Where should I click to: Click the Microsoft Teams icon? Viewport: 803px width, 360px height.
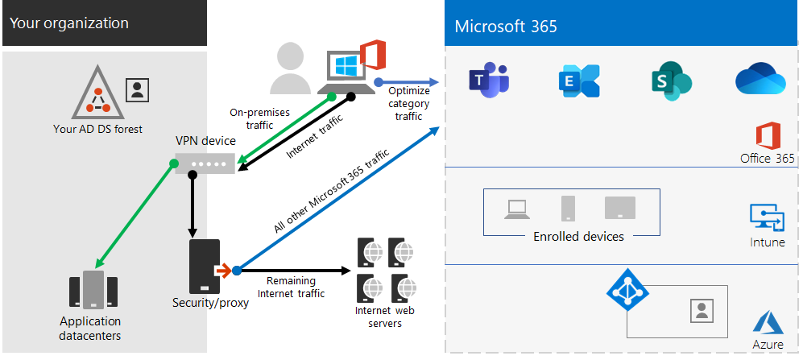[x=488, y=81]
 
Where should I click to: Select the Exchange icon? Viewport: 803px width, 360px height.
[x=578, y=81]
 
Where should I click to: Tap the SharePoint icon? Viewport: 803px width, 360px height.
[x=671, y=81]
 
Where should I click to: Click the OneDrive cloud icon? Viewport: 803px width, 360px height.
[x=760, y=80]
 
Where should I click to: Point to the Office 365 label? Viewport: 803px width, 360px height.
[x=767, y=159]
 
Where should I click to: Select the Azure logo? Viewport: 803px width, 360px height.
[x=768, y=325]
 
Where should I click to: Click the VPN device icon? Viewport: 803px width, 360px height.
[x=205, y=163]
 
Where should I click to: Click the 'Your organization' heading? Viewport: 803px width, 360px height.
[x=69, y=23]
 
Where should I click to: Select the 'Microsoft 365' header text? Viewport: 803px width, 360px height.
[x=505, y=27]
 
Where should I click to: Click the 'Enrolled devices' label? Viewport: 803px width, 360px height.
[x=578, y=237]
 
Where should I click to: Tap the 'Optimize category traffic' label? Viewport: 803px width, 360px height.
[x=408, y=104]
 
